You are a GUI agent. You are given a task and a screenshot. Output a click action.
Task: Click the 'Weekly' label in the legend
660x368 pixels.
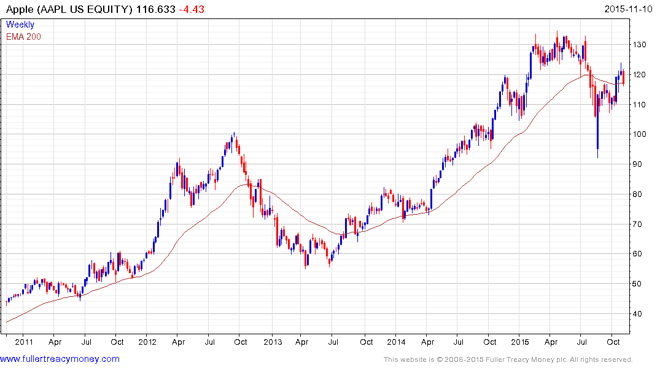[x=20, y=25]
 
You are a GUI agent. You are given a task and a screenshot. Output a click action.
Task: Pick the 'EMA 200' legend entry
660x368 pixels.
[x=24, y=36]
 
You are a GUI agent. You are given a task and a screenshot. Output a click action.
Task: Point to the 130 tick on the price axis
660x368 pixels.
[x=640, y=45]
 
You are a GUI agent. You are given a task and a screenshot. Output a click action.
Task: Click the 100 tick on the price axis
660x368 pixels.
[x=640, y=134]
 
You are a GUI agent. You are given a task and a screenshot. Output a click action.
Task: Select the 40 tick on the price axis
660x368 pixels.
[x=639, y=314]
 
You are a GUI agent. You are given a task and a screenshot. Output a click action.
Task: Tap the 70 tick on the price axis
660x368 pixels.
[x=639, y=224]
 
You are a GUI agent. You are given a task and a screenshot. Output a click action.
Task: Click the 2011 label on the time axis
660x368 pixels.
[x=24, y=342]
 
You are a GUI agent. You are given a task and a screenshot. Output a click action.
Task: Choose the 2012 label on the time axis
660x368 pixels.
[x=148, y=342]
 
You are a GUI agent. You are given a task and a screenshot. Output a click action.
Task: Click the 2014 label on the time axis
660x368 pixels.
[x=397, y=342]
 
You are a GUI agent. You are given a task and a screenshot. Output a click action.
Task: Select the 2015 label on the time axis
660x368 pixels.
[x=521, y=342]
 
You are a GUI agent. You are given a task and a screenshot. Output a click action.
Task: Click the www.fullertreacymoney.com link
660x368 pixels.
[x=60, y=359]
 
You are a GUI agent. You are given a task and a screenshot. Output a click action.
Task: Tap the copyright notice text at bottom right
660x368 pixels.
[x=508, y=359]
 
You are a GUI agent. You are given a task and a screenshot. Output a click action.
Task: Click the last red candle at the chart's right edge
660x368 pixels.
[x=623, y=78]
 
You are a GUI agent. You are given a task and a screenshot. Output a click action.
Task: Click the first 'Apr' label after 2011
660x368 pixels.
[x=55, y=342]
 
